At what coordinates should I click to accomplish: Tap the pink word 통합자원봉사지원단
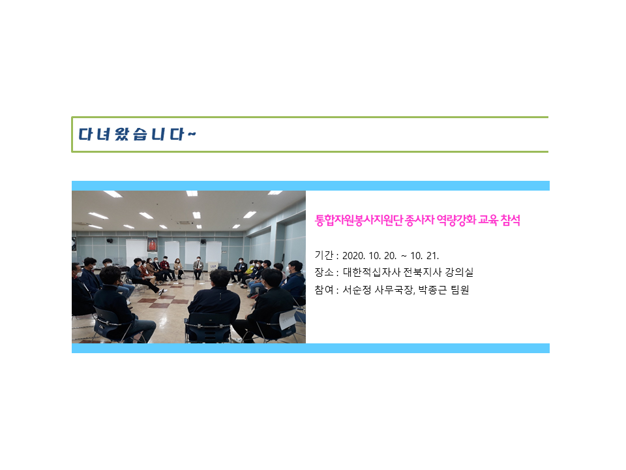359,220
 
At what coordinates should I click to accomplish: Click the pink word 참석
510,220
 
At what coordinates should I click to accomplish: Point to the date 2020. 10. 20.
369,256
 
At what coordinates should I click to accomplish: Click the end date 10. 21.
425,256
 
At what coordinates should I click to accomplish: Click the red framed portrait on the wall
152,244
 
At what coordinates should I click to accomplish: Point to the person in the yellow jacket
248,272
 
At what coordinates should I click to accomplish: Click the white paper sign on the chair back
288,319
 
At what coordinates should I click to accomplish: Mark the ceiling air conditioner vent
185,223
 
